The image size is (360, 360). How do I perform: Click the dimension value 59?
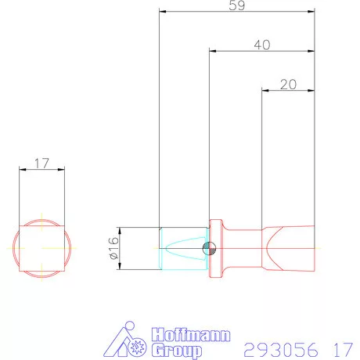pos(236,5)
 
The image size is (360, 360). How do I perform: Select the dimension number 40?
pos(262,45)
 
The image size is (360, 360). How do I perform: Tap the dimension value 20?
pos(287,85)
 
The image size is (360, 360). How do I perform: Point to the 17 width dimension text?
pos(42,164)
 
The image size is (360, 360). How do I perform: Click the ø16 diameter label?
pos(113,248)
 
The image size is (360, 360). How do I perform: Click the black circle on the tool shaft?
pos(208,248)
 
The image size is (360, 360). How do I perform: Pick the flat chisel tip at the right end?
pos(293,248)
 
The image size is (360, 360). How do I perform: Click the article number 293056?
pos(279,348)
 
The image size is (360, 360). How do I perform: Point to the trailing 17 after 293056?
pos(341,348)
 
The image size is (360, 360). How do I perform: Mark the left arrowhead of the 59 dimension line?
pos(162,12)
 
